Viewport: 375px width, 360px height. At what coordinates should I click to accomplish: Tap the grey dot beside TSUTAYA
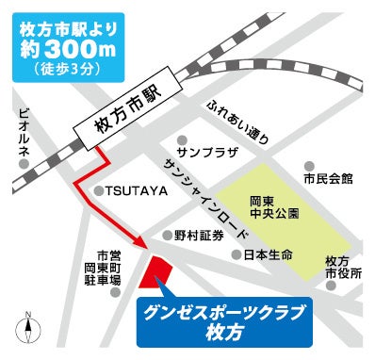(98, 188)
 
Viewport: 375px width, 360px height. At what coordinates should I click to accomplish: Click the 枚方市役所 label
(336, 266)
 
